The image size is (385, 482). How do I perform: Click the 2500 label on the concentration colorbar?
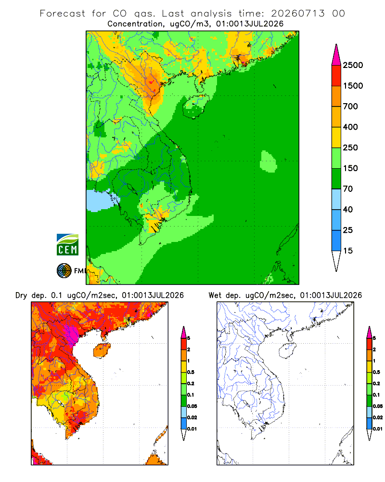tap(353, 65)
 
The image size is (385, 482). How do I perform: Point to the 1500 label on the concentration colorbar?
tap(353, 86)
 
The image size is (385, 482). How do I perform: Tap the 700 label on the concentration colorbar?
tap(350, 107)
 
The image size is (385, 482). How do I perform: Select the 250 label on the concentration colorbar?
tap(350, 147)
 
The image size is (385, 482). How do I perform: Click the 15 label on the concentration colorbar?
tap(348, 251)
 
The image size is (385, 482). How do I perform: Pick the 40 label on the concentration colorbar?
tap(348, 210)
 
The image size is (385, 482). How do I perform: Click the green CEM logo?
tap(67, 245)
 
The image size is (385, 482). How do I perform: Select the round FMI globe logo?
tap(64, 271)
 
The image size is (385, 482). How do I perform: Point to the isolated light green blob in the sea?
tap(268, 161)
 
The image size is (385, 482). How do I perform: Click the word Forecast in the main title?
tap(63, 13)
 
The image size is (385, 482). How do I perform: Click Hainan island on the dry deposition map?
tap(102, 350)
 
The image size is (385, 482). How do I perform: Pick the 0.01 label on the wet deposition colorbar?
tap(378, 429)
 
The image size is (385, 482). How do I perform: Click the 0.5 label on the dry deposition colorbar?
tap(191, 372)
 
